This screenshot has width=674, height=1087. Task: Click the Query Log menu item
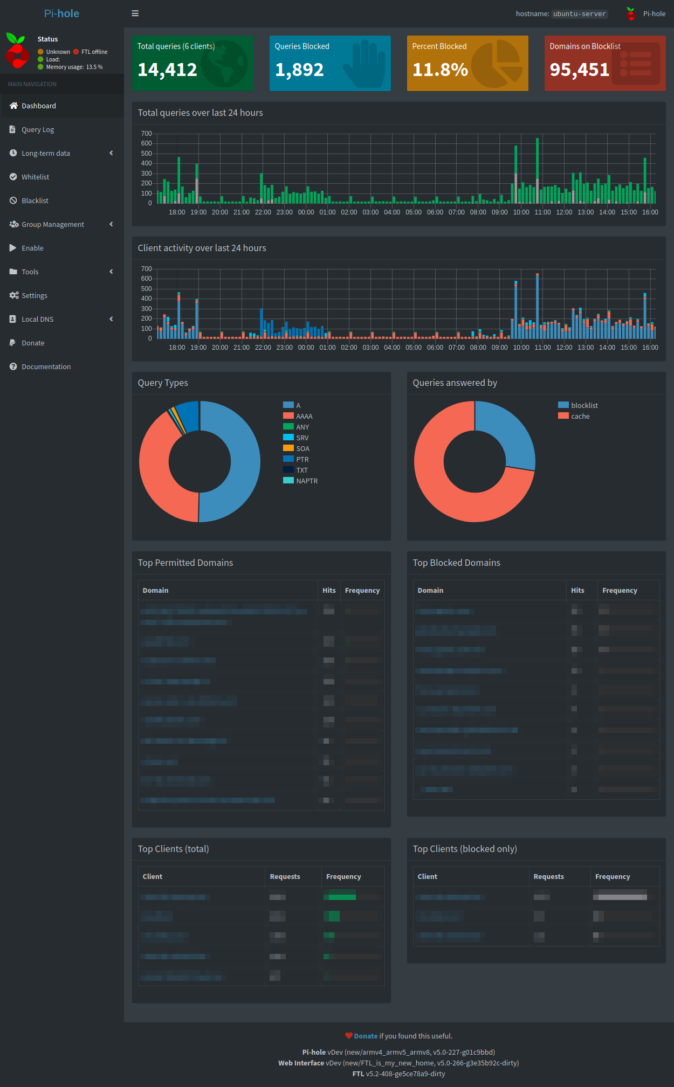coord(37,130)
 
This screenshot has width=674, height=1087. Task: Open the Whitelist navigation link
coord(35,177)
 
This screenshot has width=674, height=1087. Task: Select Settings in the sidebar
coord(34,296)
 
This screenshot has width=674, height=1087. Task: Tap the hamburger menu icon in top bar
coord(135,13)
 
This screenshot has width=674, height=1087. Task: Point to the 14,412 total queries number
coord(167,70)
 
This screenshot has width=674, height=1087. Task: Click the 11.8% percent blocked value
coord(440,70)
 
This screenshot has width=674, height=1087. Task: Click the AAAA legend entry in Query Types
coord(304,417)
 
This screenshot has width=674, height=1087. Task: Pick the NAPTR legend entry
coord(306,481)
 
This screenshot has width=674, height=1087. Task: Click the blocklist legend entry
coord(584,406)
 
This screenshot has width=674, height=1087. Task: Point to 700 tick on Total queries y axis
coord(146,134)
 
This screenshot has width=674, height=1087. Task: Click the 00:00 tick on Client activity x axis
coord(306,348)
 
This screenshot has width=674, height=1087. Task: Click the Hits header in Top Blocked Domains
coord(577,591)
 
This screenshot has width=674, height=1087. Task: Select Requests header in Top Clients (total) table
coord(285,877)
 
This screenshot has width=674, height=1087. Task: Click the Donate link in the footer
coord(366,1036)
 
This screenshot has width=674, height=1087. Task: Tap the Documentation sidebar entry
coord(46,367)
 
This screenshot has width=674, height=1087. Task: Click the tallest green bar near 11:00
coord(537,162)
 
